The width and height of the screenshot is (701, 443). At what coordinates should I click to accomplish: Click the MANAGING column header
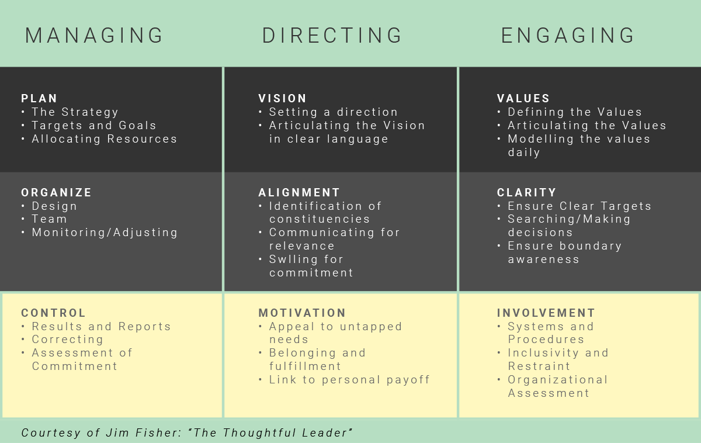coord(94,36)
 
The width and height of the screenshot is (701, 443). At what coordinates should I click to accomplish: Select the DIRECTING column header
coord(332,36)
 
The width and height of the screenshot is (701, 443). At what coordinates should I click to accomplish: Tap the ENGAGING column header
coord(568,36)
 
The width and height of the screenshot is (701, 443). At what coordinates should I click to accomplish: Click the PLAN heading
coord(39,99)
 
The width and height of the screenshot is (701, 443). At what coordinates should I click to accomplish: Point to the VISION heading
coord(282,99)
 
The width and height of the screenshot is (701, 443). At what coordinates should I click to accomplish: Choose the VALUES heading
coord(523,99)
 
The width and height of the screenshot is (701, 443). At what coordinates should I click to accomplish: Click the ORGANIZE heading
coord(57,193)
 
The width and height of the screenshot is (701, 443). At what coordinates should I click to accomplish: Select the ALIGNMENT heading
coord(299,193)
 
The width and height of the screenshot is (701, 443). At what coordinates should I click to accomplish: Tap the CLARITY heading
coord(526,193)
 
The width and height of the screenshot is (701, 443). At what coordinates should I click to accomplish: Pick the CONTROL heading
coord(53,313)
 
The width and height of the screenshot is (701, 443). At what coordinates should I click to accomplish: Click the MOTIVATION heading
coord(302,313)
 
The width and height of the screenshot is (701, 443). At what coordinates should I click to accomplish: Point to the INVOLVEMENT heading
coord(546,313)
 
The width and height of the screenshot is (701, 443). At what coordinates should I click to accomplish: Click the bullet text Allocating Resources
coord(104,139)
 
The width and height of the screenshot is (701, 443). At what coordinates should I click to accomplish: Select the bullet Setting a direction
coord(333,112)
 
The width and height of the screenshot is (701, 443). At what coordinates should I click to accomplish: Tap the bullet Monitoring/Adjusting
coord(105,233)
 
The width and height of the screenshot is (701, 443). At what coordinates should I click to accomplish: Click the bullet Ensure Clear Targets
coord(579,206)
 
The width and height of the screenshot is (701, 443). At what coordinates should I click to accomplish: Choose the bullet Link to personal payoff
coord(349,380)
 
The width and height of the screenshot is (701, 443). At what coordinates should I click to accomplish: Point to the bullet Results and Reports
coord(101,327)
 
